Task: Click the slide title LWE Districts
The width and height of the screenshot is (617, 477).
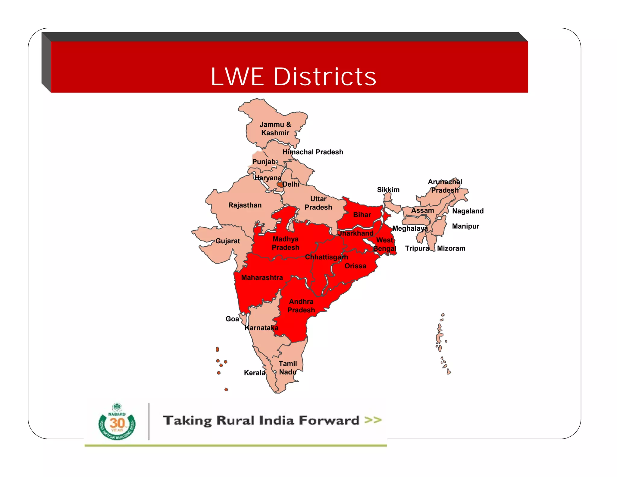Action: (x=293, y=77)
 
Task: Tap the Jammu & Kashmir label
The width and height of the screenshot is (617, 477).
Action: (x=275, y=129)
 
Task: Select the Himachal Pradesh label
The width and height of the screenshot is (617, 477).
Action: (x=313, y=152)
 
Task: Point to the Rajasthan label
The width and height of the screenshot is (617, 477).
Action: (x=245, y=205)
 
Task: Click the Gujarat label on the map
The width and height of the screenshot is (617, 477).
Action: (x=227, y=241)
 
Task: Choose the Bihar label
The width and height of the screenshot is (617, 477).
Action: (x=362, y=215)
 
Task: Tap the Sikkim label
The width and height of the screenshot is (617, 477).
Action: (x=388, y=190)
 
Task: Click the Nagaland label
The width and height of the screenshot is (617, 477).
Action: (x=468, y=211)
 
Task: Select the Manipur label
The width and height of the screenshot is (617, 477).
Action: (x=465, y=226)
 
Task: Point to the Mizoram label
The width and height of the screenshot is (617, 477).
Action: (x=451, y=248)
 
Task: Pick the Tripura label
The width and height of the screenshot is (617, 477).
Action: (x=417, y=248)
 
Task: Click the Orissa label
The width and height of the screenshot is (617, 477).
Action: (x=355, y=266)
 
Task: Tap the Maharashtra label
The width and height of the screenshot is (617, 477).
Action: (x=262, y=278)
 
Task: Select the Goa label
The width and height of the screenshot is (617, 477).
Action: (x=232, y=319)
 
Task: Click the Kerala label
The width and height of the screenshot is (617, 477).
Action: (x=254, y=373)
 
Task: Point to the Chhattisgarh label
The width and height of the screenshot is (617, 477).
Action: (x=326, y=257)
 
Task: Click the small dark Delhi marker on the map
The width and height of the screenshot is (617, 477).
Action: (x=280, y=184)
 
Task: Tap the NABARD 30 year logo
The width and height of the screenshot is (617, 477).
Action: (x=117, y=422)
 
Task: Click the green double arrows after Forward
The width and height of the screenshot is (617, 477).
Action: (x=373, y=420)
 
